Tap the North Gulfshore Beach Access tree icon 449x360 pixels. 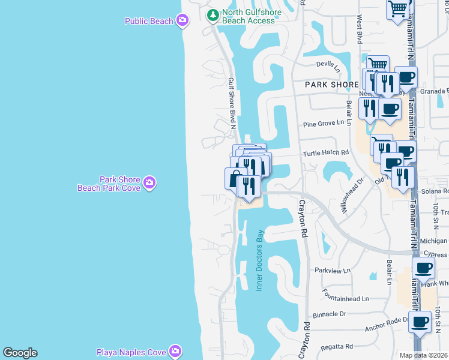click(212, 15)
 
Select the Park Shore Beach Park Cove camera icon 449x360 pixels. click(149, 182)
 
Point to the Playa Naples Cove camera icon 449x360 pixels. click(175, 350)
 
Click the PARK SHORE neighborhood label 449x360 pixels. click(331, 85)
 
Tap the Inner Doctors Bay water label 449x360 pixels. click(261, 260)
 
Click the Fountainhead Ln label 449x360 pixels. click(345, 298)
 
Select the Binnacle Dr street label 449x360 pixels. click(330, 314)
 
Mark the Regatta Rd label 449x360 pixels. click(337, 346)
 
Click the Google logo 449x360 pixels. click(20, 353)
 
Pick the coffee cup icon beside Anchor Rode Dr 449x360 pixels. click(420, 322)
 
